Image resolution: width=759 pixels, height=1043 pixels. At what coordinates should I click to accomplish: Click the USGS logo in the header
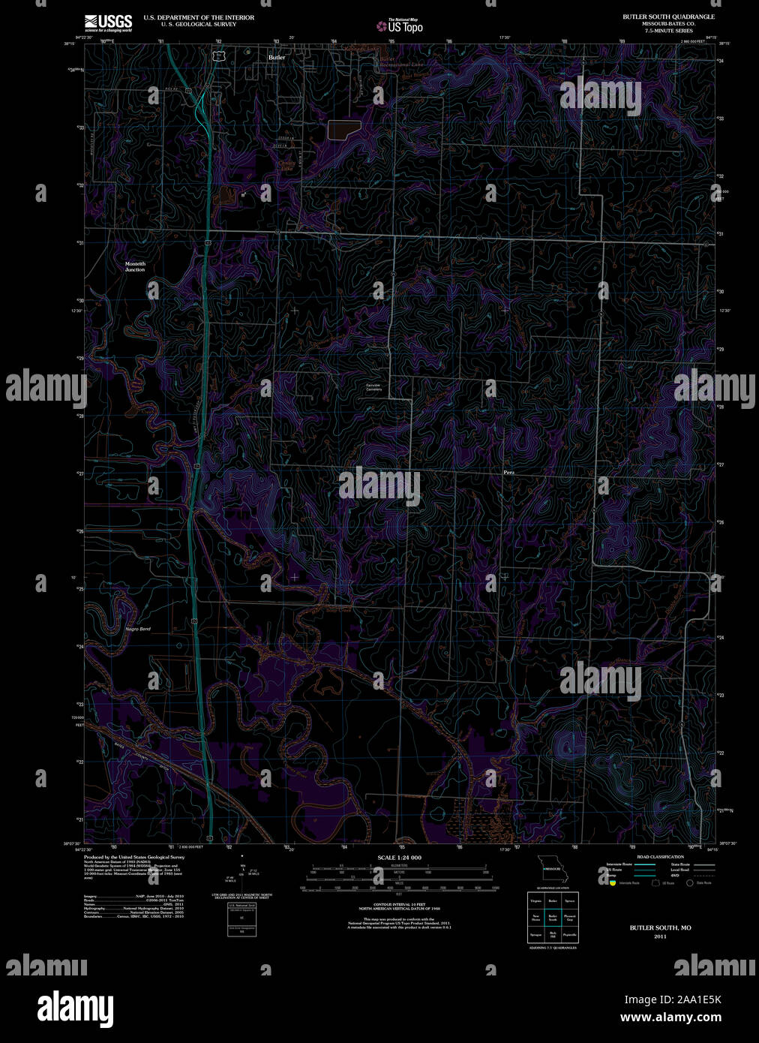point(108,23)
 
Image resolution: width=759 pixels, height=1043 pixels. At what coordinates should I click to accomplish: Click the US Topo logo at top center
point(400,26)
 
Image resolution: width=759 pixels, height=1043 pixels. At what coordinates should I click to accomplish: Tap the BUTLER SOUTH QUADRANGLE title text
point(668,17)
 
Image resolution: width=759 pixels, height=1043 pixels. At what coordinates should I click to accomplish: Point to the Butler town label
point(277,57)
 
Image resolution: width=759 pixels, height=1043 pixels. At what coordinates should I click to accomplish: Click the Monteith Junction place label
point(135,266)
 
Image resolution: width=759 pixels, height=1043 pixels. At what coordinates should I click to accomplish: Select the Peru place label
point(509,473)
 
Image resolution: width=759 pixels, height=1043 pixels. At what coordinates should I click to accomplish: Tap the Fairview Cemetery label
point(373,387)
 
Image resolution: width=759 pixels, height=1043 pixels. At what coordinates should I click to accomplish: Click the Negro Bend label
point(138,629)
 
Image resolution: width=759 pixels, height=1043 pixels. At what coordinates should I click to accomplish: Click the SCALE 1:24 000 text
point(399,857)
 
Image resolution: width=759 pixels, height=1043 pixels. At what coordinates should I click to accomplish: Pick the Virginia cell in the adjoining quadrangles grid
point(535,900)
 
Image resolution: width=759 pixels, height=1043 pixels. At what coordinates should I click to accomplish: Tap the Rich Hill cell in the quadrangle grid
point(553,935)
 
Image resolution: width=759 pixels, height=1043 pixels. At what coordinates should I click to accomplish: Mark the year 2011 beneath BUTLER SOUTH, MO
point(660,936)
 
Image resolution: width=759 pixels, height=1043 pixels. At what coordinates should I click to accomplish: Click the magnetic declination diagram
point(241,872)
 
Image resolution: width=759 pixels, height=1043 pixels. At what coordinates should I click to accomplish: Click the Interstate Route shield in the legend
point(612,883)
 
